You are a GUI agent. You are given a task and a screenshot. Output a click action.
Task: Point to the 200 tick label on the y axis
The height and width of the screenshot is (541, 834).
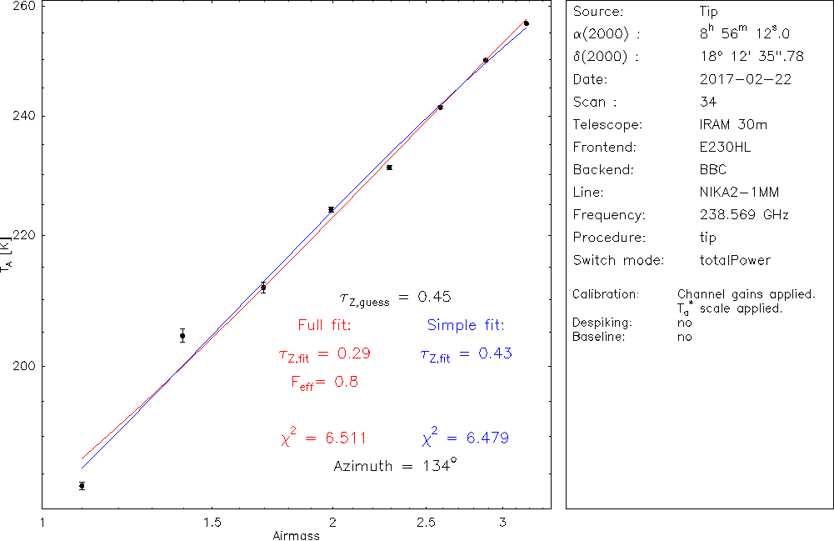point(22,366)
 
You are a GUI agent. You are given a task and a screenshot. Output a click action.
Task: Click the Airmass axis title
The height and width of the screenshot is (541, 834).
point(296,535)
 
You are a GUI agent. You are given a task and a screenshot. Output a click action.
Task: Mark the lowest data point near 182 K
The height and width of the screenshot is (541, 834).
point(82,485)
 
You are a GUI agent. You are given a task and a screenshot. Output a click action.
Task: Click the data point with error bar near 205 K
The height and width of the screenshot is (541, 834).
point(182,336)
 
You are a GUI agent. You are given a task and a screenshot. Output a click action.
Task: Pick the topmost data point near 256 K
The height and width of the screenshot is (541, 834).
point(527,23)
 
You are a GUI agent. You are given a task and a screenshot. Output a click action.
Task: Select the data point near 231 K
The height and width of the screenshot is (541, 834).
point(389,168)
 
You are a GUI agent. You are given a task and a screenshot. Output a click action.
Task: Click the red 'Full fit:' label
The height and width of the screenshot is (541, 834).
point(324,324)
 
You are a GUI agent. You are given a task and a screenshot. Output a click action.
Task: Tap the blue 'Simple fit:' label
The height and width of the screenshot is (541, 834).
point(466,324)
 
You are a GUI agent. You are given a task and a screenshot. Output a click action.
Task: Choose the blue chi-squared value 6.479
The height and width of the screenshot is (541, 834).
point(466,438)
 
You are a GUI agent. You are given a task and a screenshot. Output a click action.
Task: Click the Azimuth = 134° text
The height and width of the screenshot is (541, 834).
point(395,466)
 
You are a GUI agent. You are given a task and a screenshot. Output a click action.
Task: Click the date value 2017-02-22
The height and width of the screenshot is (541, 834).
point(746,80)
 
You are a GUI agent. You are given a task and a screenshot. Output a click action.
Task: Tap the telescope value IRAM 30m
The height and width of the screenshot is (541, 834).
point(734,125)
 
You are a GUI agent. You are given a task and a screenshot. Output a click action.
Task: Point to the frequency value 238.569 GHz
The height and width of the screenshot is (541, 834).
point(744,215)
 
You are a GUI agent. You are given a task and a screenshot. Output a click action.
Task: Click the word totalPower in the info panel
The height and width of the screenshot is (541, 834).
point(736,260)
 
